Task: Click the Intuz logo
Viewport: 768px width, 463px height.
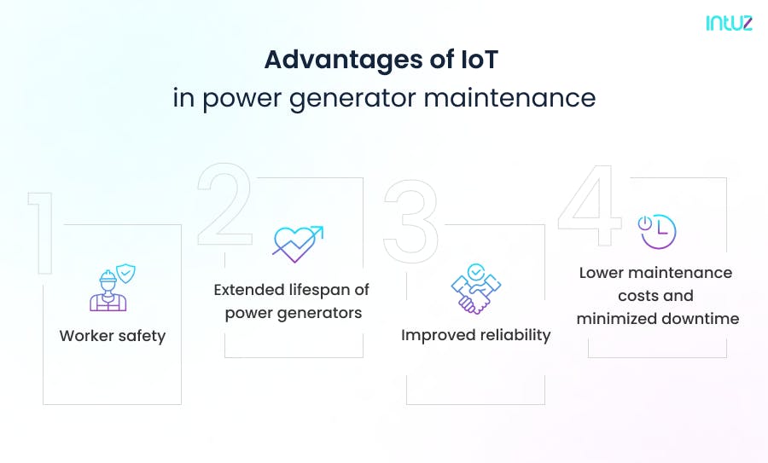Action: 729,23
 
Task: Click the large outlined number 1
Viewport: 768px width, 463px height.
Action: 40,232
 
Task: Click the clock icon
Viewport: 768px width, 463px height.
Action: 657,231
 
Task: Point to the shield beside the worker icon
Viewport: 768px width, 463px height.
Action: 126,274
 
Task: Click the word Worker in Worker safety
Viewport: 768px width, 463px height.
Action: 86,336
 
